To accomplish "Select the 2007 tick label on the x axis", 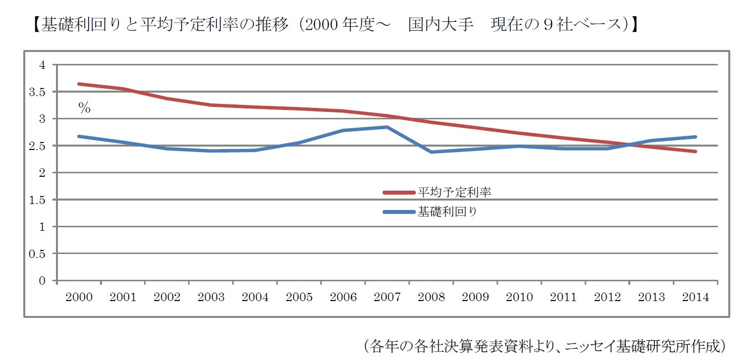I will point(387,297).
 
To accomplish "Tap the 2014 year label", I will point(695,297).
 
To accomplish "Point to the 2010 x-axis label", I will point(519,297).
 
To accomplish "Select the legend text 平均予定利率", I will point(454,192).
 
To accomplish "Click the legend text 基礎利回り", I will point(448,212).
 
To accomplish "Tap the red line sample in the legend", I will point(399,193).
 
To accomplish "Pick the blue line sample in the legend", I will point(399,212).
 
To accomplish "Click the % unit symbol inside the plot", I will point(85,108).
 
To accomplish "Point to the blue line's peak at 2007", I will point(387,127).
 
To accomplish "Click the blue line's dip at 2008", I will point(431,152).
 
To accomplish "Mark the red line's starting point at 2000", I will point(79,84).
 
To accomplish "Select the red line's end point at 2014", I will point(695,152).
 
